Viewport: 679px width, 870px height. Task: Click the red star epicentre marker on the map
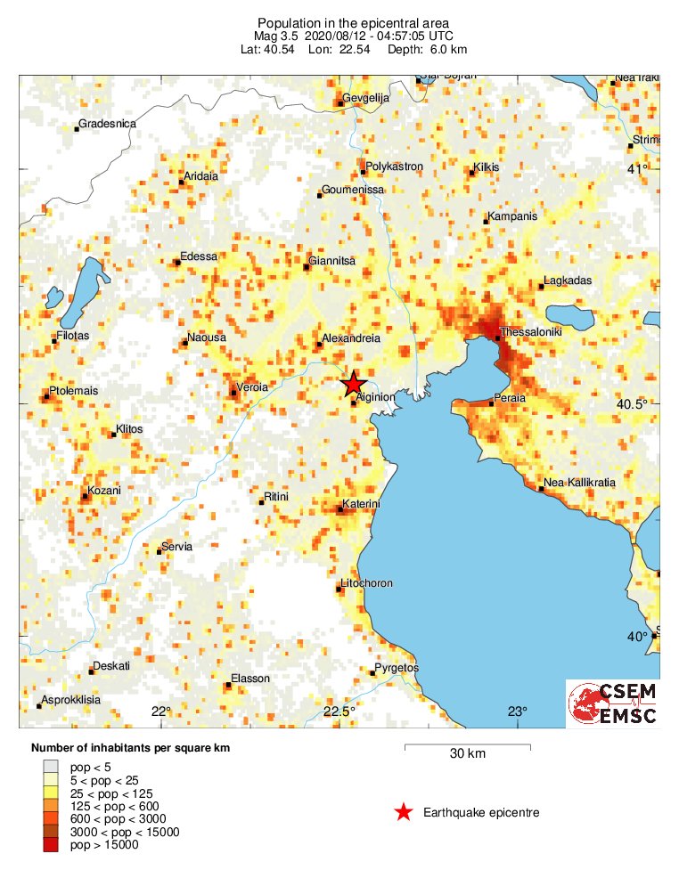[353, 383]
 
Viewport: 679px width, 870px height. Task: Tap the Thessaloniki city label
[532, 331]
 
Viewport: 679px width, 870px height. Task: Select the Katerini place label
[363, 504]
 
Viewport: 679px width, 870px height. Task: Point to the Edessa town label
[198, 256]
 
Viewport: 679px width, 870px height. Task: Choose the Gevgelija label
[368, 98]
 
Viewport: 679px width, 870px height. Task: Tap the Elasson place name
[250, 679]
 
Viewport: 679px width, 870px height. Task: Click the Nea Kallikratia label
[580, 483]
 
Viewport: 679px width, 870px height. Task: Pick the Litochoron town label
[367, 584]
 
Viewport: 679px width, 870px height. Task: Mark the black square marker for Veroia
[233, 393]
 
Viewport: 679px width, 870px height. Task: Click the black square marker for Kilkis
[472, 173]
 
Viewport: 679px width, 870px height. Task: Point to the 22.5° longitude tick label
[339, 711]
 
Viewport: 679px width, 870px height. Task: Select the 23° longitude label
[518, 711]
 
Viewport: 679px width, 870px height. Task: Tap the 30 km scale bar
[467, 746]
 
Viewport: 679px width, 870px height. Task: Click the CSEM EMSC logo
[613, 704]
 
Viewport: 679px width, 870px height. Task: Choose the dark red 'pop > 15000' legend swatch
[51, 844]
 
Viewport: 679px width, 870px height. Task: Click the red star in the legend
[404, 811]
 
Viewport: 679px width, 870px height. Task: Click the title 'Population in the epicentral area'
[354, 22]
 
